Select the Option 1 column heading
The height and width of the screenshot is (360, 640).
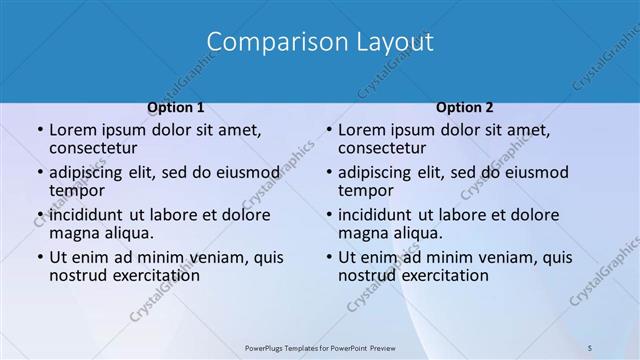click(176, 108)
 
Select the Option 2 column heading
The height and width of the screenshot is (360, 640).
click(465, 108)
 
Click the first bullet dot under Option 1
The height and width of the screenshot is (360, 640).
click(40, 131)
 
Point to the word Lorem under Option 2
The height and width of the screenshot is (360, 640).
click(361, 130)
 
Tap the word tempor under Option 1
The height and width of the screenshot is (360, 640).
click(76, 190)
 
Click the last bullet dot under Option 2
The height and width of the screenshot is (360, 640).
click(329, 258)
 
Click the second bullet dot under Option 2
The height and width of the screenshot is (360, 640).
click(329, 173)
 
